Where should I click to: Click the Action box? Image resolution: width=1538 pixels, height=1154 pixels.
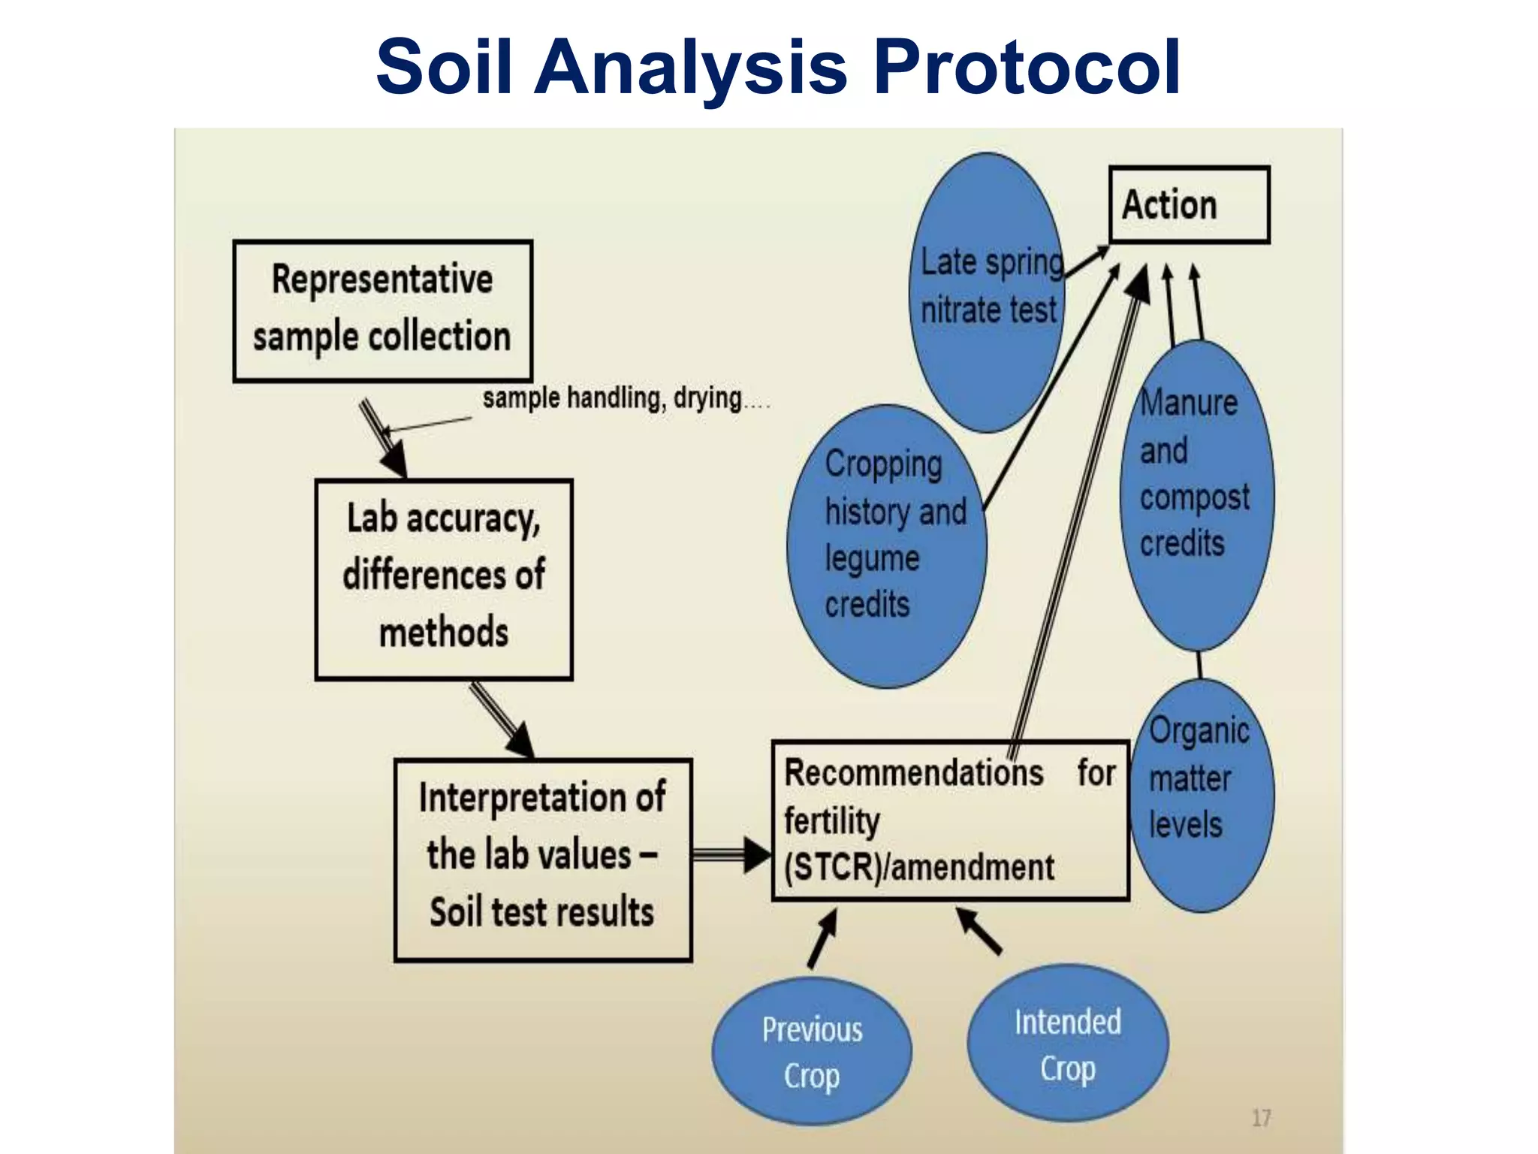pos(1189,205)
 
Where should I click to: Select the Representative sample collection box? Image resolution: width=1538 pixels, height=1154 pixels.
pos(382,310)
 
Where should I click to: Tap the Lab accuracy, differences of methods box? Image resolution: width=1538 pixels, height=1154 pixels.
pos(443,579)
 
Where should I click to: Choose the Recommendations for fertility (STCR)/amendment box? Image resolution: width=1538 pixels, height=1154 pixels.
pos(950,820)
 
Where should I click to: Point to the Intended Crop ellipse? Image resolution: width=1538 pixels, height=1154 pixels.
pos(1067,1044)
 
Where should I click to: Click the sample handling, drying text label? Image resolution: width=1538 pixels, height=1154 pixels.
pos(612,397)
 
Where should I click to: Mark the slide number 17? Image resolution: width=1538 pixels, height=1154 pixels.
pos(1261,1118)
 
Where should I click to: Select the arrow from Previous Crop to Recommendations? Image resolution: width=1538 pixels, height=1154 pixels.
pos(822,939)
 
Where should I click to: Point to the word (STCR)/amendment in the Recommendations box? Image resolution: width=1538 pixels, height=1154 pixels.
pos(918,868)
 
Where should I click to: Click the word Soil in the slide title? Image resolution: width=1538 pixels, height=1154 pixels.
pos(444,68)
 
